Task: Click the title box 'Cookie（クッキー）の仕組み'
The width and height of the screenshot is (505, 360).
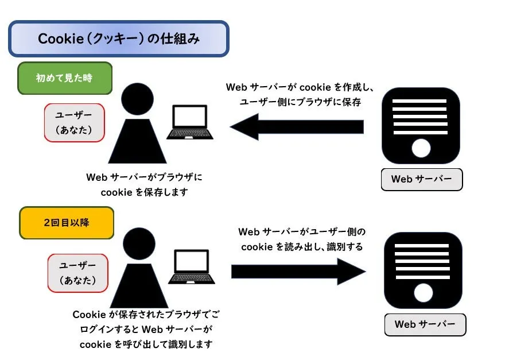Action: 118,39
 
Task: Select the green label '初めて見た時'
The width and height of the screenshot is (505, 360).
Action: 64,78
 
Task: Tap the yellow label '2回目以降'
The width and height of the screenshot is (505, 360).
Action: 67,223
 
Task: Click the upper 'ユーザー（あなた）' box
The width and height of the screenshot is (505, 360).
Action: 74,122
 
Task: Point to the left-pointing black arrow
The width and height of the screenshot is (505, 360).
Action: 297,126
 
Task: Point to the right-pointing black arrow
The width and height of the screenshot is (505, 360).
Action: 298,271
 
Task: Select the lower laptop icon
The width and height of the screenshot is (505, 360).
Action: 191,268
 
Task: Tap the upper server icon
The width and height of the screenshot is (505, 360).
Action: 421,125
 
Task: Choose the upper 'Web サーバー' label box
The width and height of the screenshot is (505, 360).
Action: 422,179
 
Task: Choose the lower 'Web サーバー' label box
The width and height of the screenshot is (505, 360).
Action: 425,324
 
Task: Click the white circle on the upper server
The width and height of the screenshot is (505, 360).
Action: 421,149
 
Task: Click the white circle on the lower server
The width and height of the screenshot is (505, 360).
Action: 424,294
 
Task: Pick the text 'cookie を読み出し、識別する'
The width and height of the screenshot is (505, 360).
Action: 301,246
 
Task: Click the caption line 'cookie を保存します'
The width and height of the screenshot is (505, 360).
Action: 144,192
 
